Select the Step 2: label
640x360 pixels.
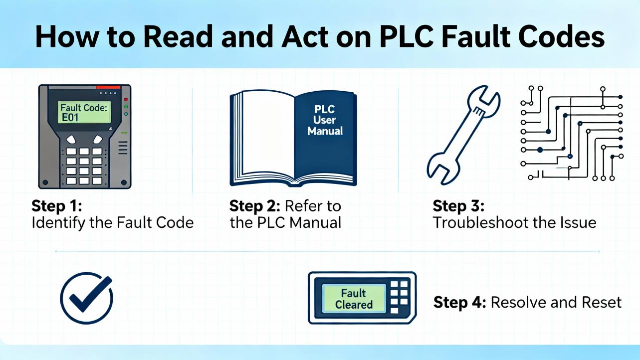point(253,206)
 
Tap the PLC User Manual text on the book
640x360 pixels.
point(325,120)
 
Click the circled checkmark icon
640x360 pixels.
point(86,298)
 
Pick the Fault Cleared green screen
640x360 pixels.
point(354,299)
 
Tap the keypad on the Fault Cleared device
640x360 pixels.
point(399,297)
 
